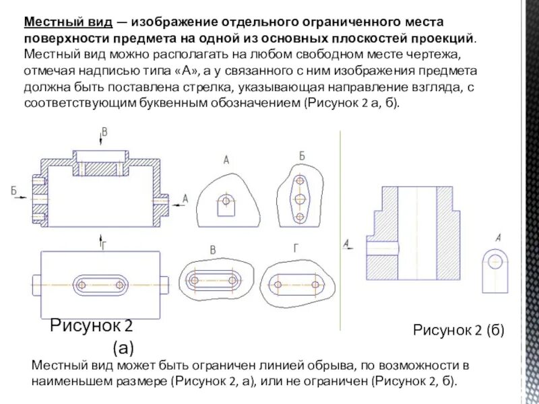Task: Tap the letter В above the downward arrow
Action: [104, 131]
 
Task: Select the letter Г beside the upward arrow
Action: [104, 245]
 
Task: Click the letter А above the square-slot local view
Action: [226, 160]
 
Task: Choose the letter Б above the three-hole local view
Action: [301, 156]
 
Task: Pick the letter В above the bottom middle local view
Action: [213, 250]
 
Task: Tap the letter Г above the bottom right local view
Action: [296, 248]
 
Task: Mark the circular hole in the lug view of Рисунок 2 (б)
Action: [496, 263]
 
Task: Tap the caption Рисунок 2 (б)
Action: [458, 330]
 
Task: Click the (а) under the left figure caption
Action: [123, 348]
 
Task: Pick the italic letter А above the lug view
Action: [498, 237]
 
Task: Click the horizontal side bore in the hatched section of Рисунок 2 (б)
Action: [377, 245]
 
